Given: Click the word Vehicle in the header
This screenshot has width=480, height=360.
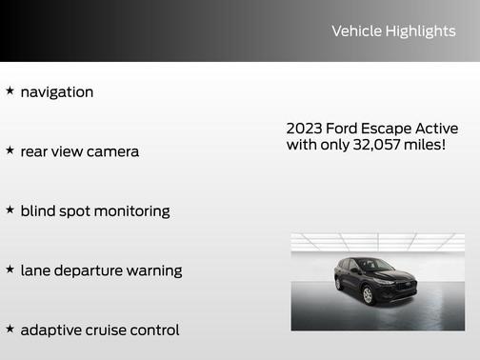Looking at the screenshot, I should coord(353,31).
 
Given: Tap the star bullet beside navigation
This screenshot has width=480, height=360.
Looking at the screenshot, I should coord(10,91).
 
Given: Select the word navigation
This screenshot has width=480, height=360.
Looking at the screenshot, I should coord(57,92).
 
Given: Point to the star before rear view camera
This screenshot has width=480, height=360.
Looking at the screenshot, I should coord(10,150).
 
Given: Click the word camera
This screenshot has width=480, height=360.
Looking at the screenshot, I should coord(112,151).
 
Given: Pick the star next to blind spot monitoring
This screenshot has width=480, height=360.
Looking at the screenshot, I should coord(10,210).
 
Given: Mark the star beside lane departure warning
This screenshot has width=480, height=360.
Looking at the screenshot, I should coord(10,270).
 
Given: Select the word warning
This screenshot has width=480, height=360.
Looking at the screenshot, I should coord(155,271).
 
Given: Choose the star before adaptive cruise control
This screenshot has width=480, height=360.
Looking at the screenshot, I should coord(10,329).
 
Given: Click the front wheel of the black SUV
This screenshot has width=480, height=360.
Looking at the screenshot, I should coord(368,296).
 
